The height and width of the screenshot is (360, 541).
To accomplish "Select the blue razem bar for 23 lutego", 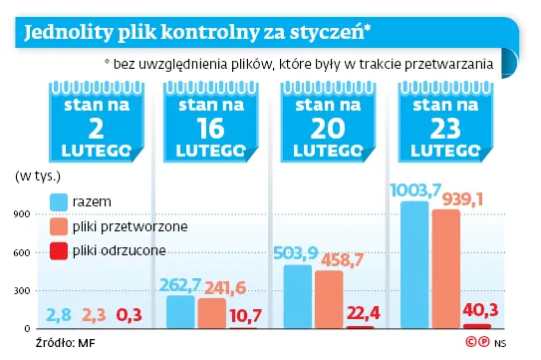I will (413, 264).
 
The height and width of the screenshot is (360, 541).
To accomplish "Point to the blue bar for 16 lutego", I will (180, 311).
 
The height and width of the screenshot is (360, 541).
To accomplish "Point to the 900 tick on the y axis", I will (23, 213).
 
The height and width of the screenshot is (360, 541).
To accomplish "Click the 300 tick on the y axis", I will (23, 290).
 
